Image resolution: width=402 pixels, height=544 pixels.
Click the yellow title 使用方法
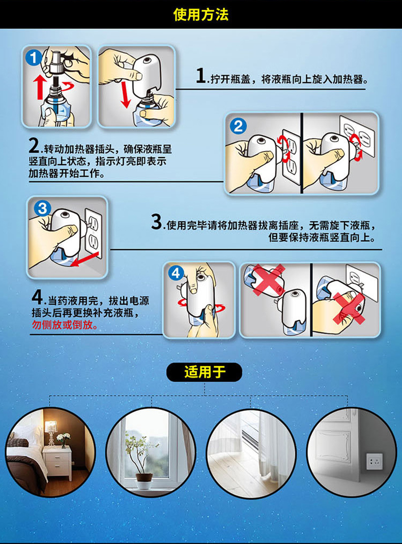pos(200,15)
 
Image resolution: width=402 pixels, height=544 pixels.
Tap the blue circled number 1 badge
pos(34,57)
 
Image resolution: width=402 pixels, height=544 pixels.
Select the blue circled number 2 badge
pos(238,126)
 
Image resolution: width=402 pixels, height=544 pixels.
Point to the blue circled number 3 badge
pos(42,208)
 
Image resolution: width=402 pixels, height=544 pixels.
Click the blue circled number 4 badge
pos(176,274)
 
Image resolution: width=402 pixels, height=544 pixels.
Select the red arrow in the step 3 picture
pos(84,260)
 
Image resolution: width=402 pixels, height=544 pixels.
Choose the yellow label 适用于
pos(205,372)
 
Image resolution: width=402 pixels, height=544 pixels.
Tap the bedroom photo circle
pos(51,452)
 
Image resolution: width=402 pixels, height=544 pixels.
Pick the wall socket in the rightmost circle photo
pos(375,462)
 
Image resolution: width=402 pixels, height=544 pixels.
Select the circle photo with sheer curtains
pos(251,454)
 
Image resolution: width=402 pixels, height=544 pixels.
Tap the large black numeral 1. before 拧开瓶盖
pos(202,76)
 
